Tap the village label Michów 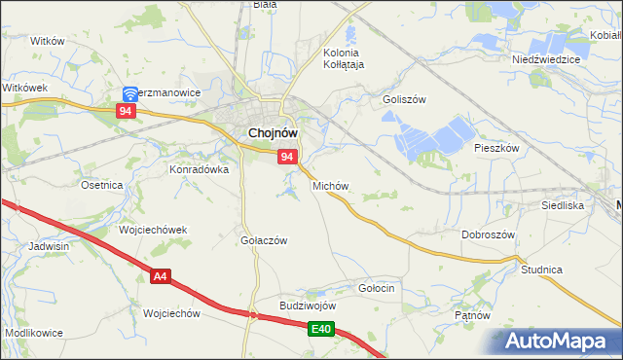[x=330, y=185]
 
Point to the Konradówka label [x=200, y=168]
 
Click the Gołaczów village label [x=264, y=240]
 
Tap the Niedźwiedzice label [x=546, y=59]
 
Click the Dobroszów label [x=488, y=235]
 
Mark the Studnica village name [x=542, y=269]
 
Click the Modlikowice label [x=34, y=333]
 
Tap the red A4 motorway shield [x=161, y=277]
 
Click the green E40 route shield [x=323, y=331]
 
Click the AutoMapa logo [x=558, y=341]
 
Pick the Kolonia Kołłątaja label [x=343, y=58]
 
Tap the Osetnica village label [x=101, y=185]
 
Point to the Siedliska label [x=563, y=206]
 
